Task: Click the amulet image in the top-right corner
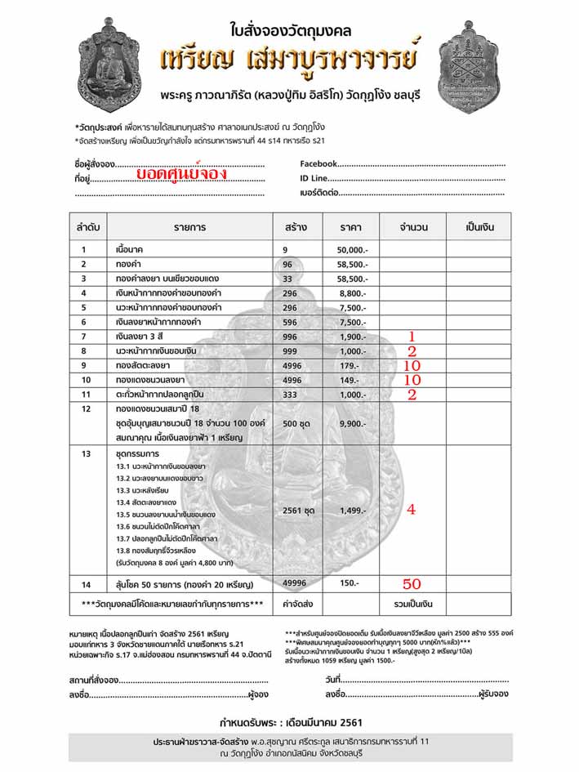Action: click(x=468, y=67)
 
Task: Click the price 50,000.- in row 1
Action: click(x=352, y=250)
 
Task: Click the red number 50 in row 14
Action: click(x=412, y=584)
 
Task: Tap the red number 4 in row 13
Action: click(x=412, y=509)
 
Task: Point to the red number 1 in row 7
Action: click(x=412, y=337)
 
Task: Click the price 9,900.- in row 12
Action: click(x=354, y=424)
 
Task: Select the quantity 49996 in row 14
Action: click(x=297, y=584)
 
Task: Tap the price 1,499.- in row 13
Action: click(x=354, y=510)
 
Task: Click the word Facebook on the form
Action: click(x=319, y=164)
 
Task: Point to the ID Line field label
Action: click(x=314, y=179)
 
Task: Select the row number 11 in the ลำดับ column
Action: click(x=82, y=395)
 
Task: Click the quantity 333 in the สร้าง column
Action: click(x=292, y=395)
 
